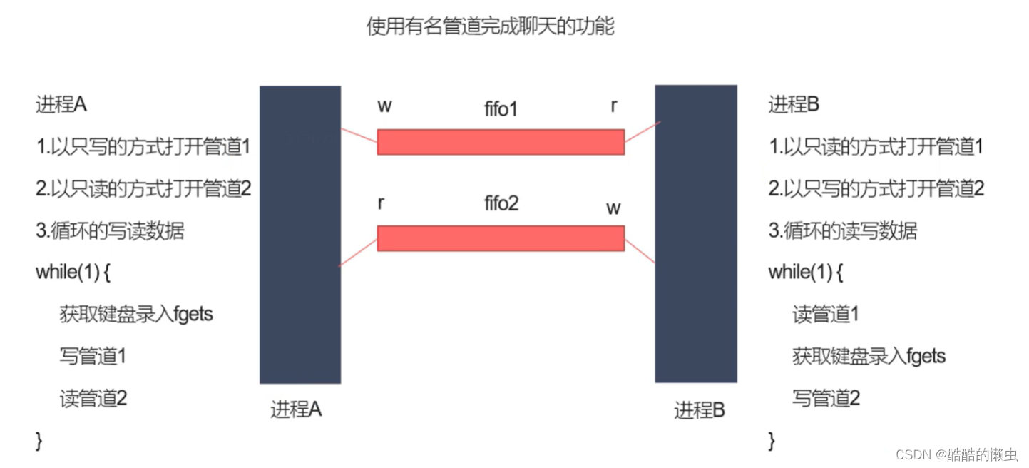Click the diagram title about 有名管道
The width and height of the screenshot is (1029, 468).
pos(490,27)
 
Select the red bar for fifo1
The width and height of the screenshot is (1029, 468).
pos(500,141)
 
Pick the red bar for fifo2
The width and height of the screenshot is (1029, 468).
pos(500,238)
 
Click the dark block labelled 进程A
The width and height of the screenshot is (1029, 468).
pos(300,235)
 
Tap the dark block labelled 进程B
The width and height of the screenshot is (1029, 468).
pos(695,235)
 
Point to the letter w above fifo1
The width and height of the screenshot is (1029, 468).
pos(384,106)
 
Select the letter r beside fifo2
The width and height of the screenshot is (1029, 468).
pos(382,203)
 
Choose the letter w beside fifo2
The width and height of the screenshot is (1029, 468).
pos(613,208)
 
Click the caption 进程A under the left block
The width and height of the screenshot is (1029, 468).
pos(296,409)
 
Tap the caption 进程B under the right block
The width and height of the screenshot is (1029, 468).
pos(700,411)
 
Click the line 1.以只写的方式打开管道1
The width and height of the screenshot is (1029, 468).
pos(143,147)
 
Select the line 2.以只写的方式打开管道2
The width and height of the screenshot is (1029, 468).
pos(876,189)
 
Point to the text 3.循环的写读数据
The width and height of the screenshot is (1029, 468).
pos(110,230)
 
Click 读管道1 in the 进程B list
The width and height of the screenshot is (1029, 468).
pos(826,314)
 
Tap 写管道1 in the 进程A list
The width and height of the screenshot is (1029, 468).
pos(93,356)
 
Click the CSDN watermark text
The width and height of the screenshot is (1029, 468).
pos(956,454)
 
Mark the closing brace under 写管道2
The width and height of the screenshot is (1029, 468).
pos(772,440)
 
